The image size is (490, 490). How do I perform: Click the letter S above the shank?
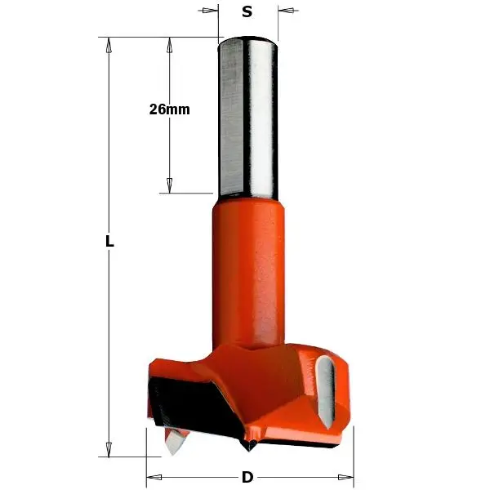tap(247, 11)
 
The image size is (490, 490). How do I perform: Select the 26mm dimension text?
tap(169, 109)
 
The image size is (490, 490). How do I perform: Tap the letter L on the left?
tap(109, 243)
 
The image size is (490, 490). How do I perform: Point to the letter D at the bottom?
tap(247, 478)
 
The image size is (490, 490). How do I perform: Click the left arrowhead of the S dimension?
tap(212, 11)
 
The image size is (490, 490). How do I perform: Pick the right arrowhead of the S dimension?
tap(284, 11)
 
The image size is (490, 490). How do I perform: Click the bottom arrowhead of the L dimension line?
tap(107, 449)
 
